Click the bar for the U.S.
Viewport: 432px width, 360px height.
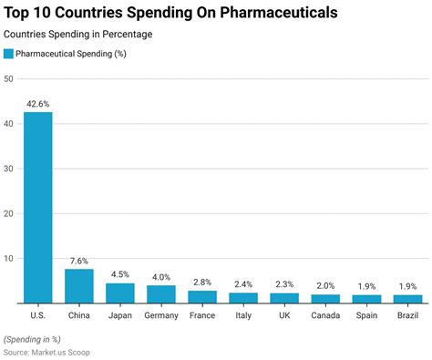pyautogui.click(x=38, y=207)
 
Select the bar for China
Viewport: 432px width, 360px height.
pyautogui.click(x=79, y=285)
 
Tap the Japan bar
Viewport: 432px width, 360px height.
pyautogui.click(x=120, y=293)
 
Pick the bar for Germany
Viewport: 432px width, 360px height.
pyautogui.click(x=161, y=293)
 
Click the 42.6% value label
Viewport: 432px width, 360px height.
pyautogui.click(x=38, y=104)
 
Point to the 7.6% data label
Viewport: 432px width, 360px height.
pyautogui.click(x=79, y=261)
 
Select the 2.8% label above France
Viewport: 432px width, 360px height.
pyautogui.click(x=202, y=283)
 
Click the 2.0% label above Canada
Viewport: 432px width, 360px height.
pyautogui.click(x=325, y=286)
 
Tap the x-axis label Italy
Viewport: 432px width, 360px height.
pyautogui.click(x=243, y=316)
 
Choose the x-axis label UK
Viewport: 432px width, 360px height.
pyautogui.click(x=284, y=316)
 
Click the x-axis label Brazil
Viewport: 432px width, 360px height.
pyautogui.click(x=407, y=316)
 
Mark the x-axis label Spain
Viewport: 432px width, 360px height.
pyautogui.click(x=366, y=316)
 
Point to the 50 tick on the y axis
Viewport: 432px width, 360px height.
pyautogui.click(x=9, y=79)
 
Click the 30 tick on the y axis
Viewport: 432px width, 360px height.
pyautogui.click(x=9, y=169)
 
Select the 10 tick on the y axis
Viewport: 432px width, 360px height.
pyautogui.click(x=9, y=258)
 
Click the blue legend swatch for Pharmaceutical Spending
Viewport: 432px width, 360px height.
pyautogui.click(x=9, y=54)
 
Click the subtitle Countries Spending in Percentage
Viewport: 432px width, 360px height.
pyautogui.click(x=78, y=34)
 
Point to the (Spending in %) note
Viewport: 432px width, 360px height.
pyautogui.click(x=34, y=339)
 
